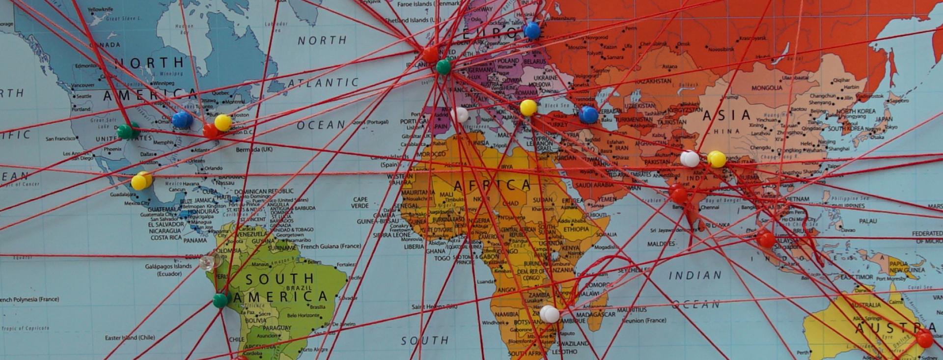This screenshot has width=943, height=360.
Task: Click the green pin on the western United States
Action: point(125,131)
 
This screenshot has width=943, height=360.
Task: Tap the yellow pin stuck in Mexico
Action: point(140,182)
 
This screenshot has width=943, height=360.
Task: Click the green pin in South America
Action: point(220,300)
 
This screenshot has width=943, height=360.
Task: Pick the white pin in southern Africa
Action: point(549,314)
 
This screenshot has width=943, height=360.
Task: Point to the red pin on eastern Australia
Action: point(924,338)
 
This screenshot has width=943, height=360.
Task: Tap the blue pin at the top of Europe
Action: point(532,31)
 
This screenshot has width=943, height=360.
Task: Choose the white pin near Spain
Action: point(460,114)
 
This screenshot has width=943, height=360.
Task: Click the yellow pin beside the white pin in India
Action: point(717,159)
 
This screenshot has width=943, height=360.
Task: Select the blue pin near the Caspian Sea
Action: point(588,115)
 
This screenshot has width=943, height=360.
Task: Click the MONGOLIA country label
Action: point(767,88)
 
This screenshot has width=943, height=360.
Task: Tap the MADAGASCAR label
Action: point(595,314)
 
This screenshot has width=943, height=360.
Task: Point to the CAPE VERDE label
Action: point(360,202)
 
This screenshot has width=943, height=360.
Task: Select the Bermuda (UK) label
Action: point(254,149)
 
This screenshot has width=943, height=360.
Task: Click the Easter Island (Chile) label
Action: point(130,337)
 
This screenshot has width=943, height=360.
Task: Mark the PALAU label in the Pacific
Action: point(868,222)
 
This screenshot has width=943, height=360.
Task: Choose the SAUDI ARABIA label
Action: point(594,185)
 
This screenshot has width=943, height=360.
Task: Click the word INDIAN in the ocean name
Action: point(695,276)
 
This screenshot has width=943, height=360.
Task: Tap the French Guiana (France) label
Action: point(331,246)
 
